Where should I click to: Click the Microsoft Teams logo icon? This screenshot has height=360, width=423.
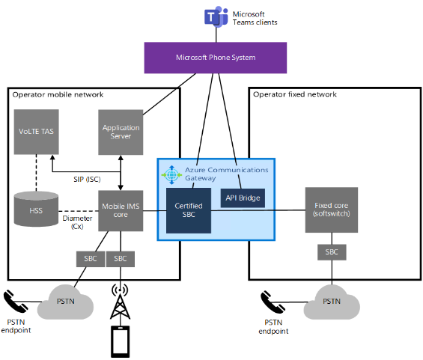pos(216,16)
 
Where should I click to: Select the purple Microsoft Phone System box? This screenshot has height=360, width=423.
pos(216,58)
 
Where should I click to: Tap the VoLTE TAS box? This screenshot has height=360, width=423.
pos(37,132)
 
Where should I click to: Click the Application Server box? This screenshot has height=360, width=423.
pos(121,132)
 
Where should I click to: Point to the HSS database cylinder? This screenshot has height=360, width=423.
pos(36,209)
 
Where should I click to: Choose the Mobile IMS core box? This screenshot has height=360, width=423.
pos(121,210)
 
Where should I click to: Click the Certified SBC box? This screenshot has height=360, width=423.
pos(189,210)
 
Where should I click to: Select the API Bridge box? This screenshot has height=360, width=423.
pos(243,198)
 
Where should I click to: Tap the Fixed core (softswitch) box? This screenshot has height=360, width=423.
pos(332,210)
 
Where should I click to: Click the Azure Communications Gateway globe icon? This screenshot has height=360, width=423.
pos(171,175)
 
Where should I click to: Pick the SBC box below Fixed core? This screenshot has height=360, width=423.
pos(332,252)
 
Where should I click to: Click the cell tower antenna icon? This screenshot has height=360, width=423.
pos(120,302)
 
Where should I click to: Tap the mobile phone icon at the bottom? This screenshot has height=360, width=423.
pos(121,341)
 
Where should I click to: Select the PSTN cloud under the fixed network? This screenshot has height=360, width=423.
pos(332,302)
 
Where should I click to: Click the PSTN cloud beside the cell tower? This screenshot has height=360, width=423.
pos(65,302)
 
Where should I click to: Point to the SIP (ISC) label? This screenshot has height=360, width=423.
pos(87,180)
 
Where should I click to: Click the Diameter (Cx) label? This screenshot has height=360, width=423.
pos(77,222)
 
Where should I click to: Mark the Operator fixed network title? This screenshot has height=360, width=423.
pos(295,94)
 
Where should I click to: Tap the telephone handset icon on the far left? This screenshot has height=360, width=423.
pos(16,301)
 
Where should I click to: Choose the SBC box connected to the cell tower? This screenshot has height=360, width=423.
pos(121,259)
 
